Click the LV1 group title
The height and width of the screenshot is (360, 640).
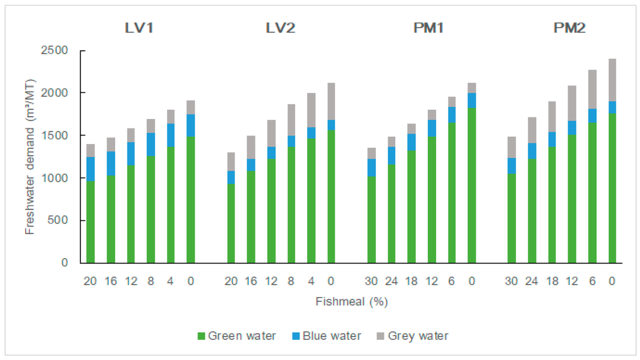pos(139,28)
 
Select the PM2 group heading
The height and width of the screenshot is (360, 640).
pos(562,28)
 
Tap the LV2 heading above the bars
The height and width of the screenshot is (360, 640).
pos(281,28)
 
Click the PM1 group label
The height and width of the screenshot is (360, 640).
pos(421,28)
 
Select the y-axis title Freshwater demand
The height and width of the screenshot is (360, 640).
pos(30,156)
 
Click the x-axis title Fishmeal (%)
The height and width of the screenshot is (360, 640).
pos(351,302)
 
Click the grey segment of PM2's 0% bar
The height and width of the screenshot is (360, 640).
pos(612,80)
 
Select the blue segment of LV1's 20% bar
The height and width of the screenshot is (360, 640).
pos(90,169)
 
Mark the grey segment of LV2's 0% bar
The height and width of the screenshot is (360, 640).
pos(331,101)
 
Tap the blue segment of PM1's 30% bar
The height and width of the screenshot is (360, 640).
pos(371,167)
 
